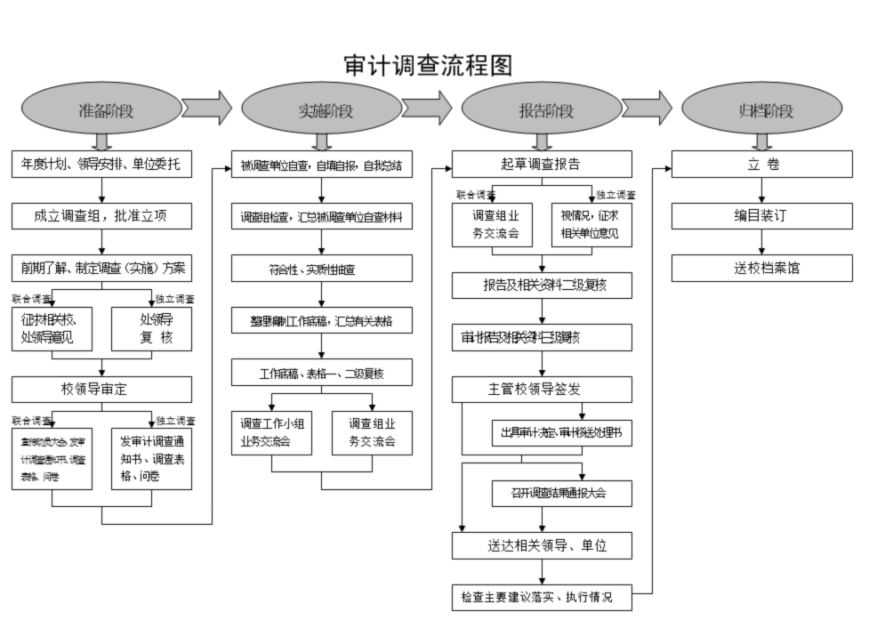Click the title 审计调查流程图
428,65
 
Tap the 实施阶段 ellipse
323,110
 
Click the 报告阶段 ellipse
543,110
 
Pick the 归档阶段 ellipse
762,110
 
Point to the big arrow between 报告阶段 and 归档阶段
647,108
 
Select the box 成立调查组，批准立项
102,216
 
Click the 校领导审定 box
102,389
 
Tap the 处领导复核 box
151,328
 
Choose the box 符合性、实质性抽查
322,269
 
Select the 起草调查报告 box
542,165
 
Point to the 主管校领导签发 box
542,390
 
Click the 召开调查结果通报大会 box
561,493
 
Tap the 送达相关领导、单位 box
542,545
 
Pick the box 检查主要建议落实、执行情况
542,597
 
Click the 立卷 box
761,165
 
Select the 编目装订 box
761,216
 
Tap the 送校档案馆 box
761,268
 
